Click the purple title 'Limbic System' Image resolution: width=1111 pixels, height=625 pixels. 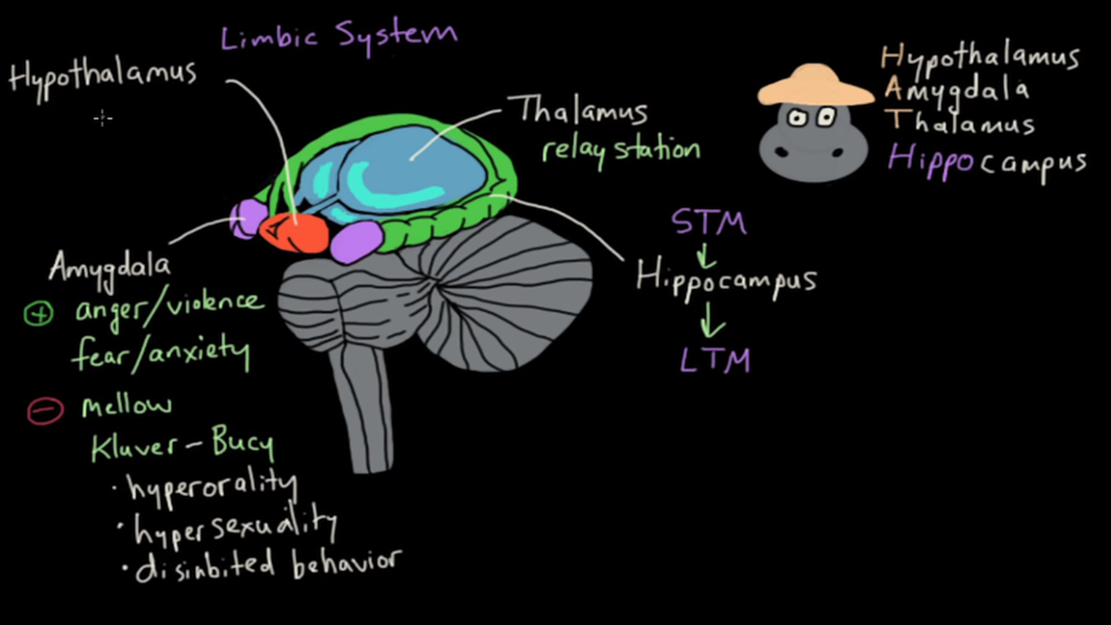point(339,36)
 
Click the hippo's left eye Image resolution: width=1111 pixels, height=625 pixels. point(797,118)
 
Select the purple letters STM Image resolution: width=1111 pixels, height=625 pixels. point(709,222)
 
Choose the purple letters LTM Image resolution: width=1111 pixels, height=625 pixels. point(715,360)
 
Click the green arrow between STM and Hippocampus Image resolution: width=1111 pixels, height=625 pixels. point(706,256)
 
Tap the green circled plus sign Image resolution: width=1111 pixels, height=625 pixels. point(39,313)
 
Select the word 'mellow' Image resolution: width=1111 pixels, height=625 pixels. point(127,406)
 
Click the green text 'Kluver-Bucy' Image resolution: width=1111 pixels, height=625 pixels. point(182,444)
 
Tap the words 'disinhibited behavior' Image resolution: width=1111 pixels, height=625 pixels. point(268,565)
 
